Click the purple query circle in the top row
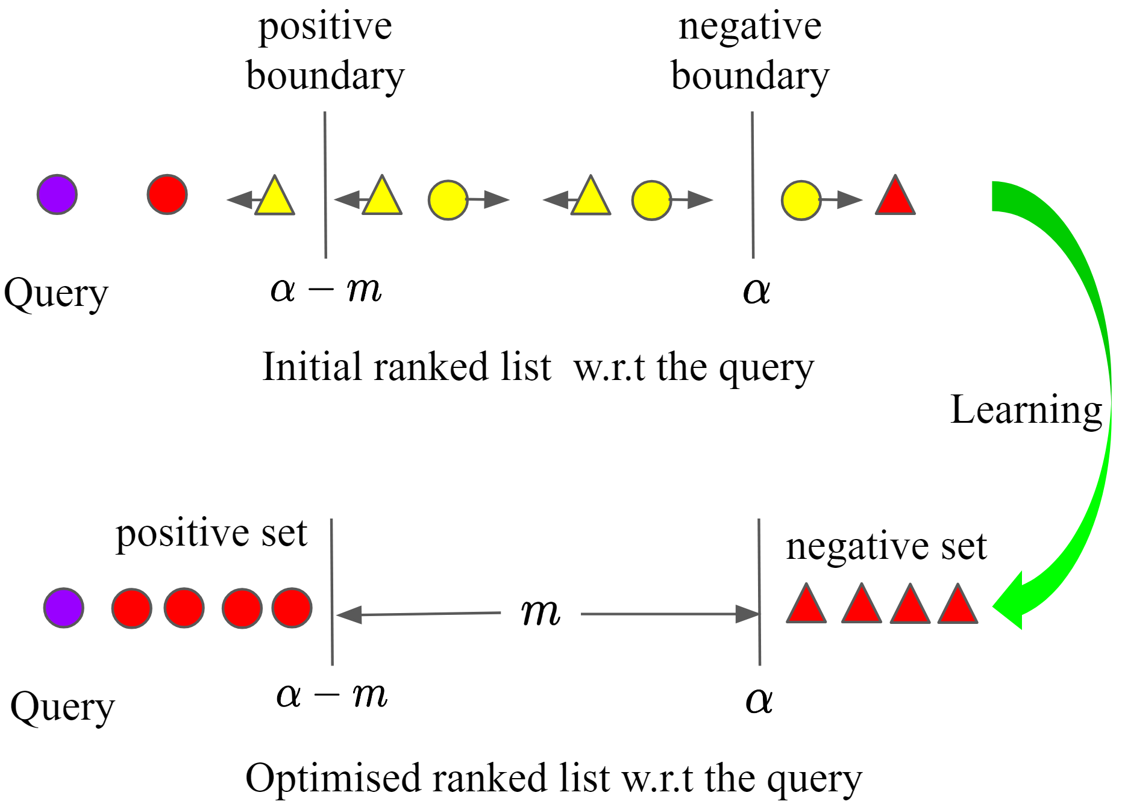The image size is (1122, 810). [x=57, y=195]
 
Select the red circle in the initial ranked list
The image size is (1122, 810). [x=167, y=195]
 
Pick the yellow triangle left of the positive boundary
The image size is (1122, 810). [x=275, y=198]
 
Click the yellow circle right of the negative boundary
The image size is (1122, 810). [x=801, y=200]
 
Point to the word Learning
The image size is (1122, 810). [x=1026, y=410]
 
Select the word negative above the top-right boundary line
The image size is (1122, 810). [x=750, y=26]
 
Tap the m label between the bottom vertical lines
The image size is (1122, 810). [x=541, y=612]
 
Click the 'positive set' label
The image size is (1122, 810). [x=211, y=534]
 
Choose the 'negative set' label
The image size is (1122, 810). [x=886, y=547]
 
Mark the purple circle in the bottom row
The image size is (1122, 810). [x=64, y=608]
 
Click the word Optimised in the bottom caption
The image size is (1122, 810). [x=333, y=778]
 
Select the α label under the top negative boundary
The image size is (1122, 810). [x=756, y=291]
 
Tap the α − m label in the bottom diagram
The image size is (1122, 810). [x=331, y=696]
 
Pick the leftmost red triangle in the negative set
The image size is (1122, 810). [x=806, y=605]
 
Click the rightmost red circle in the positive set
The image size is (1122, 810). [x=292, y=608]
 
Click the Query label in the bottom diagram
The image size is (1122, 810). [x=62, y=707]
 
